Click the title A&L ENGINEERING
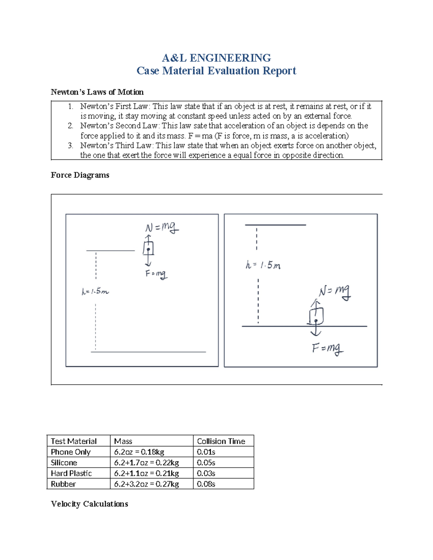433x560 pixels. click(216, 58)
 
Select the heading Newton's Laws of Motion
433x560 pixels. click(97, 92)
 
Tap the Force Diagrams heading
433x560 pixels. click(80, 175)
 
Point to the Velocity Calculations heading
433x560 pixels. click(89, 504)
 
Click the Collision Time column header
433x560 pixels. click(221, 441)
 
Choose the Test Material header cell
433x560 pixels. click(74, 441)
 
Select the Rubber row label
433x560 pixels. click(64, 484)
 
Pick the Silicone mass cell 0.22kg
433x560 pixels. click(146, 463)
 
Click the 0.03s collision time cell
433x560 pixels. click(206, 473)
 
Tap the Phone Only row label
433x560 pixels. click(71, 452)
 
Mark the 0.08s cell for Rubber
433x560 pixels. click(206, 484)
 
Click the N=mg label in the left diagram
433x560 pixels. click(162, 228)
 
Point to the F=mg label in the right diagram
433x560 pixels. click(327, 348)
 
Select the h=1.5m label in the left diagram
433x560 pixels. click(95, 291)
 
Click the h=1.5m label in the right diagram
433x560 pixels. click(263, 265)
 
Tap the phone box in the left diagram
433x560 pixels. click(148, 248)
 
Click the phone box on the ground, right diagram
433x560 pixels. click(316, 316)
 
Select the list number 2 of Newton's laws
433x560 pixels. click(70, 126)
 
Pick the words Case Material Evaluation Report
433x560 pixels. click(216, 71)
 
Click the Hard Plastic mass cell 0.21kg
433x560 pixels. click(146, 473)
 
